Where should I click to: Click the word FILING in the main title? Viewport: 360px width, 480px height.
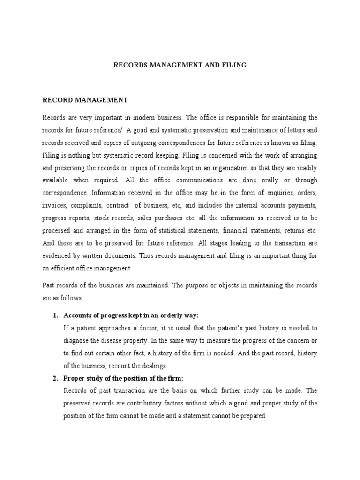pos(235,65)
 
